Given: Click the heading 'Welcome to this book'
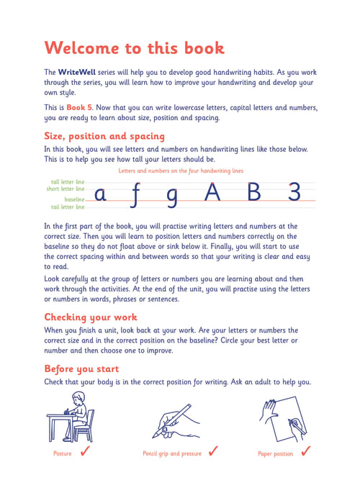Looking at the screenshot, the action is pyautogui.click(x=135, y=48).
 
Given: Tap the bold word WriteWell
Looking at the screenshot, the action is pyautogui.click(x=76, y=72).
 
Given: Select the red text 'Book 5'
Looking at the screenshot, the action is pyautogui.click(x=79, y=107).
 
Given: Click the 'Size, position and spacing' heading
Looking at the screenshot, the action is pyautogui.click(x=104, y=136).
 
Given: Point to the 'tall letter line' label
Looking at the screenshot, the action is pyautogui.click(x=68, y=182).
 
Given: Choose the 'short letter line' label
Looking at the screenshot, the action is pyautogui.click(x=66, y=189).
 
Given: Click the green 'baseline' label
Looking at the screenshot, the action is pyautogui.click(x=74, y=199).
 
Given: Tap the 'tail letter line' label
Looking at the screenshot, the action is pyautogui.click(x=68, y=207).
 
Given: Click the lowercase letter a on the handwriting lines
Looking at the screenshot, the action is pyautogui.click(x=100, y=194).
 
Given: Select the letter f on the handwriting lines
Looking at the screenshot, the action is pyautogui.click(x=135, y=195).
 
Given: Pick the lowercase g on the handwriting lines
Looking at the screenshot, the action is pyautogui.click(x=172, y=198).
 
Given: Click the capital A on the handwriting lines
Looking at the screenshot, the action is pyautogui.click(x=212, y=191).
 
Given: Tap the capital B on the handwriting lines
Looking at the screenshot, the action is pyautogui.click(x=254, y=191).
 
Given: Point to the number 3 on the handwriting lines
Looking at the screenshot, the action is pyautogui.click(x=294, y=191).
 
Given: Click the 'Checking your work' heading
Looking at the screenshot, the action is pyautogui.click(x=91, y=317).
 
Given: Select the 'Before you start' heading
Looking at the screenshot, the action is pyautogui.click(x=81, y=368).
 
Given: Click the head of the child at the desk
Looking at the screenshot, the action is pyautogui.click(x=78, y=398).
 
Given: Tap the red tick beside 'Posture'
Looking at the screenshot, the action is pyautogui.click(x=85, y=451).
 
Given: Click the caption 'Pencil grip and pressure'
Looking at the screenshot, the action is pyautogui.click(x=172, y=453).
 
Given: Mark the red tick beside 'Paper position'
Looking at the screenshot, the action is pyautogui.click(x=306, y=451).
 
